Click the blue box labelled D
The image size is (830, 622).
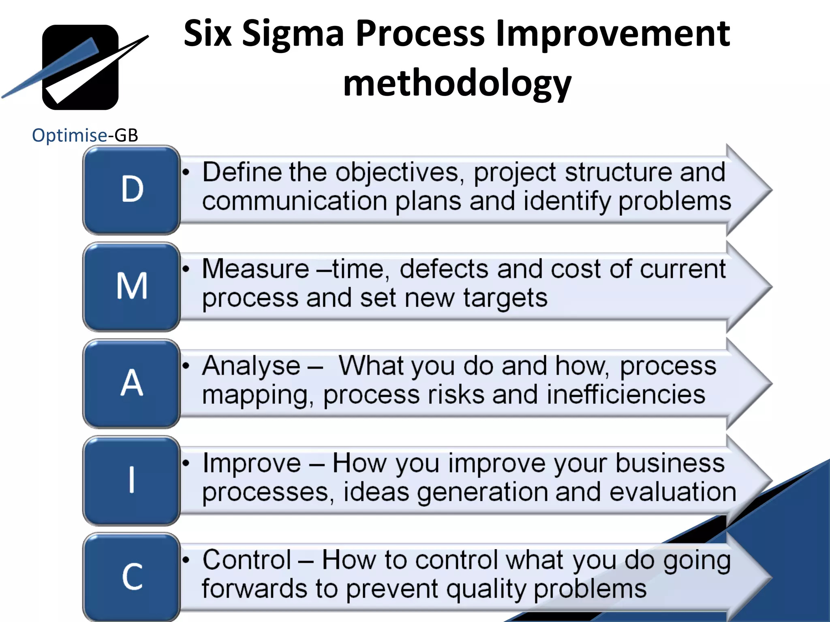pos(132,190)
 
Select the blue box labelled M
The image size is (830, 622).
pos(132,287)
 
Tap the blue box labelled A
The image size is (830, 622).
pos(132,383)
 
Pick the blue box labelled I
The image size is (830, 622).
pos(132,480)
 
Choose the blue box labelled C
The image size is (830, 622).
pos(132,577)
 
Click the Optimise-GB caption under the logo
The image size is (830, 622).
pos(85,135)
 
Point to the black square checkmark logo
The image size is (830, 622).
pos(80,67)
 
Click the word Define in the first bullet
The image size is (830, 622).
pos(242,172)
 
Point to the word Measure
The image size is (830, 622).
pos(256,269)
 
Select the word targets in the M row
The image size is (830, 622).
pos(505,299)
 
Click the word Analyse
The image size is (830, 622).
pos(251,366)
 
